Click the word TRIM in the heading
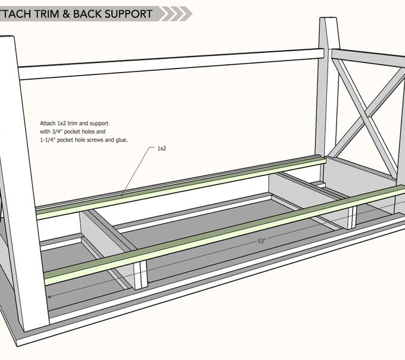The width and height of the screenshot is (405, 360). pyautogui.click(x=47, y=13)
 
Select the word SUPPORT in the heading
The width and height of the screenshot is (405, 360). pyautogui.click(x=130, y=13)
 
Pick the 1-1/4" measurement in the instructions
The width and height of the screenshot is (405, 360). pyautogui.click(x=50, y=139)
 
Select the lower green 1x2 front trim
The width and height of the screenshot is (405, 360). pyautogui.click(x=226, y=232)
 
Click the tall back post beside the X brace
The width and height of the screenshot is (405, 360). pyautogui.click(x=326, y=89)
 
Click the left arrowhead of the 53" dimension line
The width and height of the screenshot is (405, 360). pyautogui.click(x=50, y=295)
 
